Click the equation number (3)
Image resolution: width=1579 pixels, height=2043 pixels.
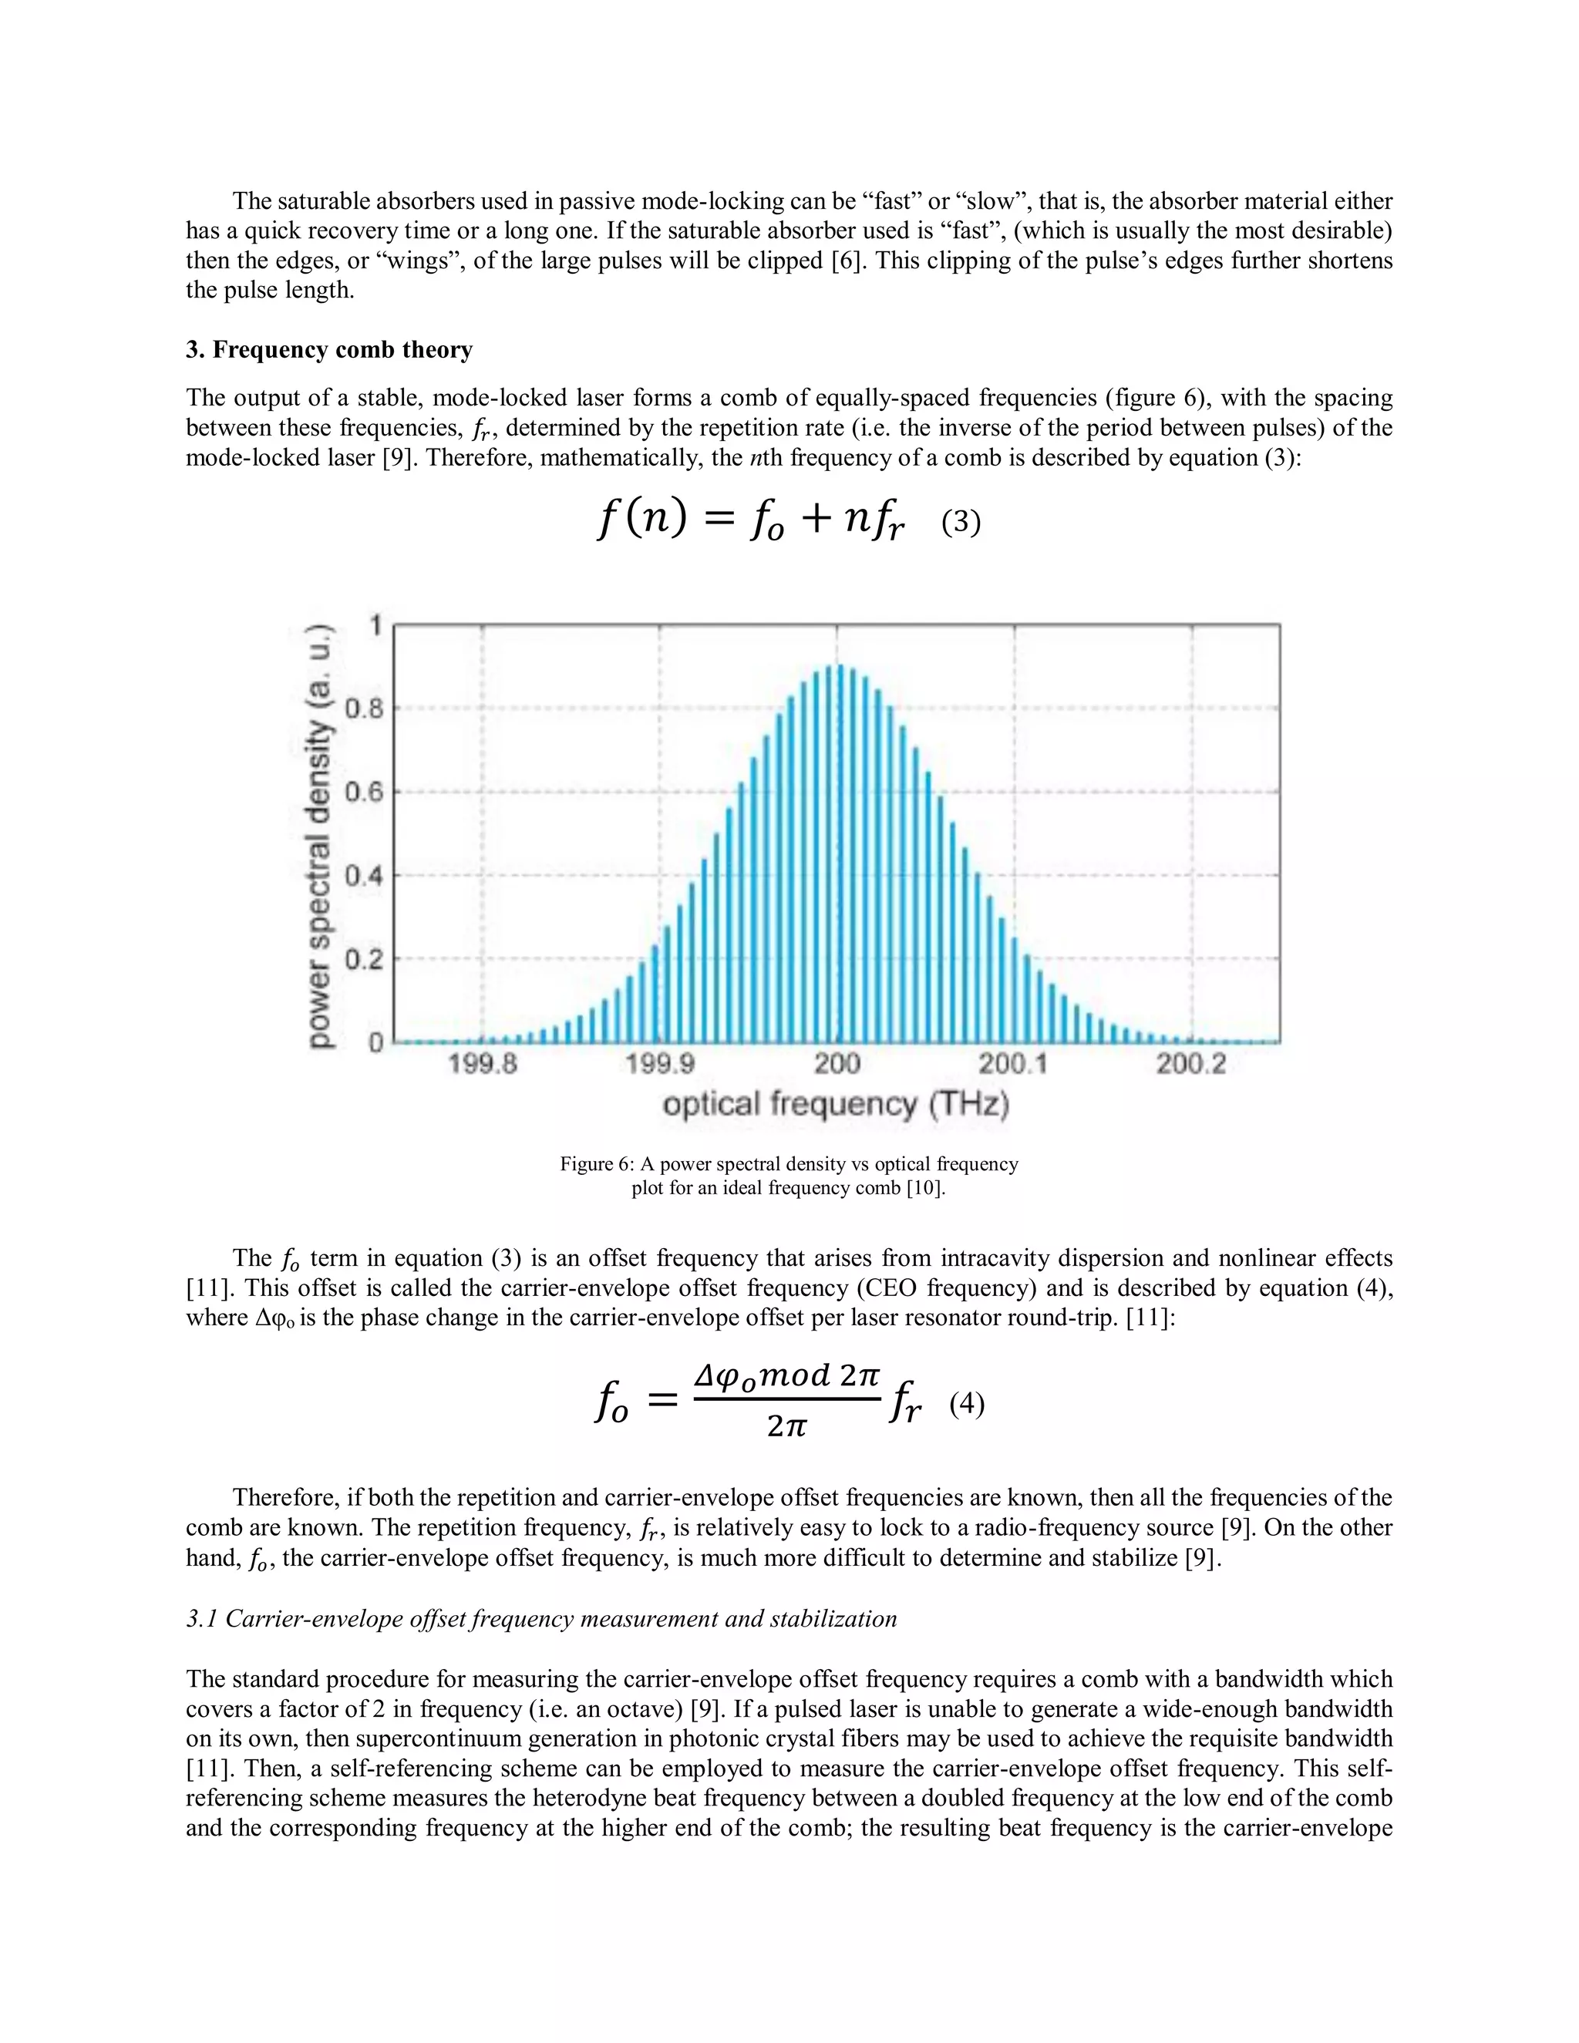[961, 522]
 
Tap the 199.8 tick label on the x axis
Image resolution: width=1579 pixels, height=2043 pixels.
[483, 1065]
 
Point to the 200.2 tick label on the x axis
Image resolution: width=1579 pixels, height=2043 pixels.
[1190, 1065]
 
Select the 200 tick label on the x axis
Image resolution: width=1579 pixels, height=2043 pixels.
[837, 1065]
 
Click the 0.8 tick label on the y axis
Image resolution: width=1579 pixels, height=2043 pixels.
[365, 709]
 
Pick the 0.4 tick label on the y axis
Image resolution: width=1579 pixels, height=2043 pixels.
[365, 877]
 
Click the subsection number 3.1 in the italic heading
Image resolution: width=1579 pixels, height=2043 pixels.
[201, 1619]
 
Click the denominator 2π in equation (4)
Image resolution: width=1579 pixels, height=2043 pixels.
[786, 1425]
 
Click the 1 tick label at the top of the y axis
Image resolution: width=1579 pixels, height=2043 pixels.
[377, 625]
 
